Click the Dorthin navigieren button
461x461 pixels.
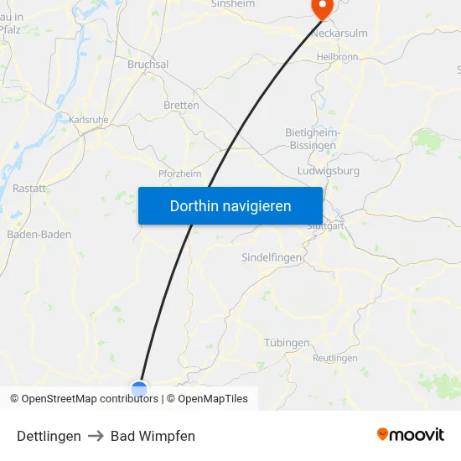[x=230, y=206]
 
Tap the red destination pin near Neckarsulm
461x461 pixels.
[x=322, y=8]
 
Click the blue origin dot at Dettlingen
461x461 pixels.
[x=139, y=388]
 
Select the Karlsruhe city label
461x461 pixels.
[x=89, y=120]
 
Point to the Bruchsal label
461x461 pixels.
[x=148, y=65]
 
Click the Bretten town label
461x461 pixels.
[x=182, y=106]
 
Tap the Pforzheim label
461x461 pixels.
[x=179, y=174]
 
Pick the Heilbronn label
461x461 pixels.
[x=338, y=57]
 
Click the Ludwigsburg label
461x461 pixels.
[x=329, y=171]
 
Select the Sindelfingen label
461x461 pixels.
[x=272, y=257]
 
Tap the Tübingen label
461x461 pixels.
[x=287, y=343]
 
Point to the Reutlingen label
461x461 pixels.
[x=335, y=358]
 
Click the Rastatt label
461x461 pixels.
[x=29, y=189]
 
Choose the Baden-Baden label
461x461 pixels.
[x=39, y=235]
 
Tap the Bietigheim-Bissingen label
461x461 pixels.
[x=311, y=138]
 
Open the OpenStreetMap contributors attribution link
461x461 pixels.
[x=90, y=399]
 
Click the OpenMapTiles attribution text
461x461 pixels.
[x=213, y=399]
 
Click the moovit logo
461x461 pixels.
[x=410, y=435]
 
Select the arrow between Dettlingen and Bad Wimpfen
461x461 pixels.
[x=96, y=436]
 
